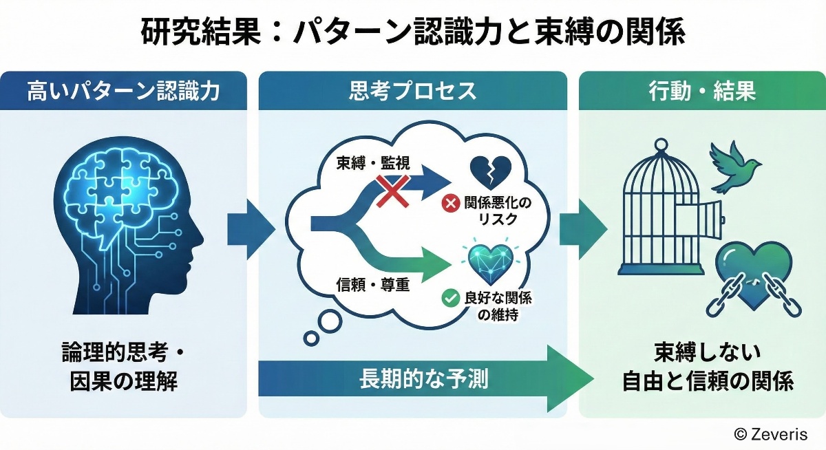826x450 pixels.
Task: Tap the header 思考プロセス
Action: coord(412,91)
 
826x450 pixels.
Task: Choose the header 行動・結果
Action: coord(701,91)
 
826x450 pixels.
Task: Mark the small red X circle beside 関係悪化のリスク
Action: coord(450,204)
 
